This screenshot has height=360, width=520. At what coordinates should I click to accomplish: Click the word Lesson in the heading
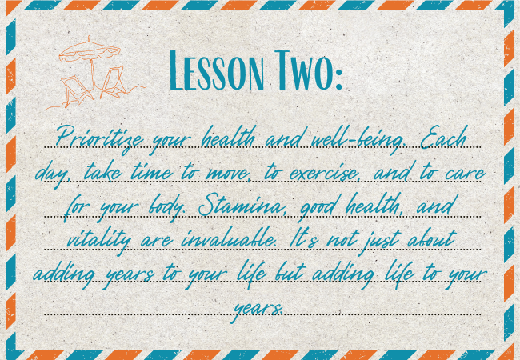click(217, 71)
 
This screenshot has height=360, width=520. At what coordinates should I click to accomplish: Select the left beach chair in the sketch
click(76, 89)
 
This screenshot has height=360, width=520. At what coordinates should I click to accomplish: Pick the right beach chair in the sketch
click(113, 81)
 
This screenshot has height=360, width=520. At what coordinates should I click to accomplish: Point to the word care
click(465, 173)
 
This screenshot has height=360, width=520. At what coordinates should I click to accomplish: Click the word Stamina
click(242, 205)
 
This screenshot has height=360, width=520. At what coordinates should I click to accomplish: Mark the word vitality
click(98, 239)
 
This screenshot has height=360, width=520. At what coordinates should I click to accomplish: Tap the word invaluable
click(229, 238)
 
